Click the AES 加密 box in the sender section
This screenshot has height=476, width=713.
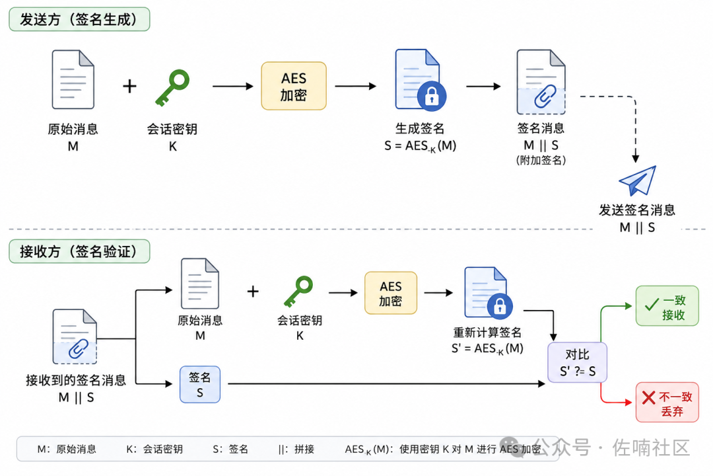294,86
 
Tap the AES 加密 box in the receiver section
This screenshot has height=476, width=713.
391,293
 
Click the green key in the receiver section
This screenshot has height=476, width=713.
299,292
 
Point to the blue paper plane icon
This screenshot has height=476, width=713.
638,181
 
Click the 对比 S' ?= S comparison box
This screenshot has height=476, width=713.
578,362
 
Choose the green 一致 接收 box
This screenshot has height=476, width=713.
667,305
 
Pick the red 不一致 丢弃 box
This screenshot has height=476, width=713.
667,402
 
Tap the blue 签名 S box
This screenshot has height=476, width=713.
200,385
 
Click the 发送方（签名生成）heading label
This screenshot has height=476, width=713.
80,19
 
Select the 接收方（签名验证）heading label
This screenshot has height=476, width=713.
80,251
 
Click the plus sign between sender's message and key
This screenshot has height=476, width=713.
129,86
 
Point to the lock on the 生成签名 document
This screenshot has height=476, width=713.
432,96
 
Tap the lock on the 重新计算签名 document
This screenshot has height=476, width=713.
500,306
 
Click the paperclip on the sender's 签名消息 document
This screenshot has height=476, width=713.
545,96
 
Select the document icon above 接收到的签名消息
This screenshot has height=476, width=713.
75,337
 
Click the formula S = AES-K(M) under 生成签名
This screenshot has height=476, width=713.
420,145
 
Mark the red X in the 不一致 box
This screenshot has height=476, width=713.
649,397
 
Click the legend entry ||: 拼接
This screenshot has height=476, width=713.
296,450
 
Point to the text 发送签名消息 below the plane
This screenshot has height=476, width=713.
637,210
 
